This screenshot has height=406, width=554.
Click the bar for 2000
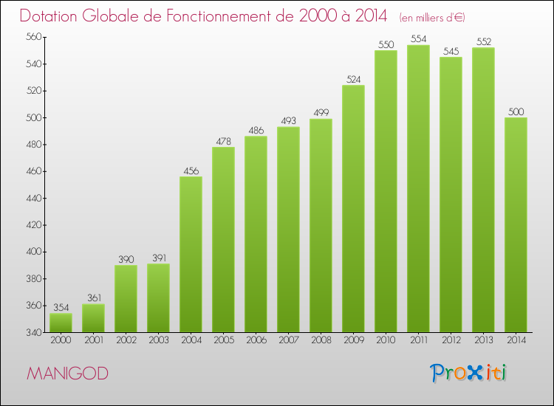tap(61, 323)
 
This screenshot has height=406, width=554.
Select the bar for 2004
tap(191, 255)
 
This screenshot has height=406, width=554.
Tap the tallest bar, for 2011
tap(418, 188)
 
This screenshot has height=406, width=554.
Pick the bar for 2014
tap(516, 224)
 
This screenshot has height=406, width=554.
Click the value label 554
tap(418, 39)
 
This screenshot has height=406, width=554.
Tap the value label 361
tap(93, 298)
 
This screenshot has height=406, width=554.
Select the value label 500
tap(516, 111)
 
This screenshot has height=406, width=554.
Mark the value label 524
tap(353, 79)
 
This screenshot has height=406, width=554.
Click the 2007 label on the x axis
tap(288, 341)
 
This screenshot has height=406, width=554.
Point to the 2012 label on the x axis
tap(451, 341)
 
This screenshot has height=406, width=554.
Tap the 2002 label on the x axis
tap(126, 341)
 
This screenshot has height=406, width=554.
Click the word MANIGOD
tap(67, 373)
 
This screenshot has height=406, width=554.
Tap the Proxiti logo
tap(468, 373)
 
